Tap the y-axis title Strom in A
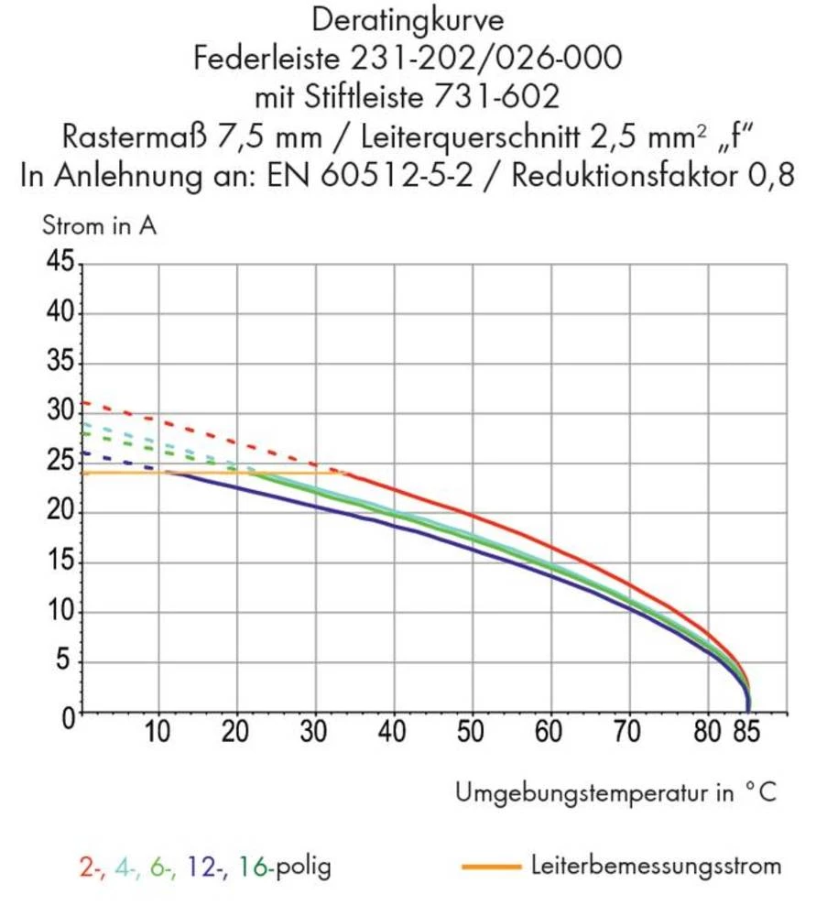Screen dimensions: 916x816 click(x=99, y=225)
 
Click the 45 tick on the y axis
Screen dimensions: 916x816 click(x=60, y=264)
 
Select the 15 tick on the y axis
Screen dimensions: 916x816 click(x=60, y=562)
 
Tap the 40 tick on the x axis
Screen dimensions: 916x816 click(x=395, y=733)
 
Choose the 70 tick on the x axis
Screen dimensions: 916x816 click(x=629, y=733)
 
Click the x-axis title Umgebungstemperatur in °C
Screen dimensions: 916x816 click(x=615, y=792)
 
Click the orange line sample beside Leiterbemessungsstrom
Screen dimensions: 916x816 click(x=491, y=865)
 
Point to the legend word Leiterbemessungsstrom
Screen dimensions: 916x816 click(x=656, y=865)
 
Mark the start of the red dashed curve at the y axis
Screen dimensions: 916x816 click(x=83, y=402)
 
